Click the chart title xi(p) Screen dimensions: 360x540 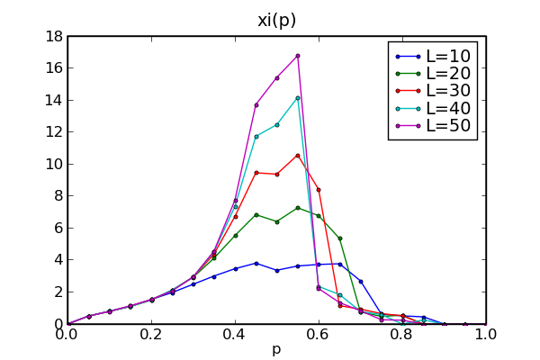(x=276, y=20)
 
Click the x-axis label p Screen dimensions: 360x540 (x=276, y=349)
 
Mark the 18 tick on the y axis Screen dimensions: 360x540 (x=53, y=36)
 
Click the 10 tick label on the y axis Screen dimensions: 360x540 (x=53, y=164)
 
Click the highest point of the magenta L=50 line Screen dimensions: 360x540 (x=297, y=56)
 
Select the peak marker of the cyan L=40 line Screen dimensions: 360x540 (x=297, y=97)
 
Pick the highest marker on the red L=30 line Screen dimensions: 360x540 (x=297, y=155)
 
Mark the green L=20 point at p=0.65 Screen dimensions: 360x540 (x=339, y=238)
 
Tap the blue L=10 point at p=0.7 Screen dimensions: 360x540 (x=360, y=282)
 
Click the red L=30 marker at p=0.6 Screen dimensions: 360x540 (x=319, y=190)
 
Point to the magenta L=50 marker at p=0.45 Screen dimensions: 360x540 (x=256, y=105)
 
